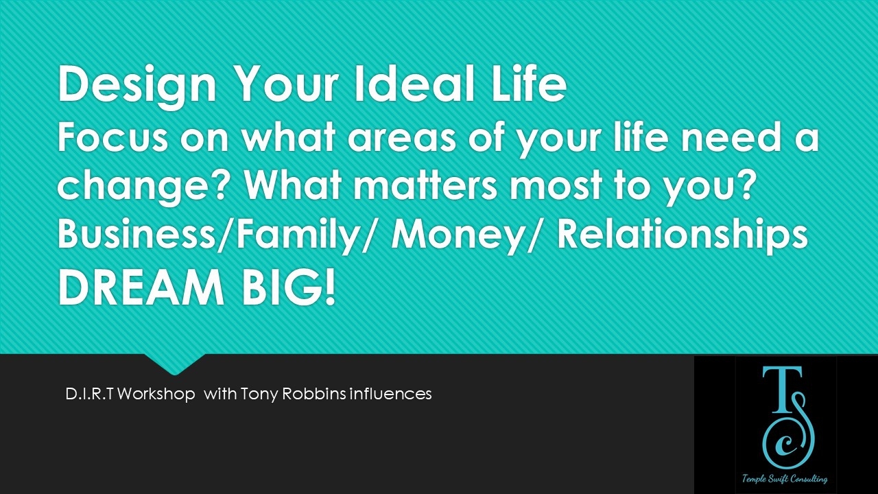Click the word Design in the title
(x=137, y=87)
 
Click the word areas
(x=402, y=141)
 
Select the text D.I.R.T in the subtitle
(x=89, y=394)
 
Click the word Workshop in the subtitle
(x=156, y=394)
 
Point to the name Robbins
(x=313, y=394)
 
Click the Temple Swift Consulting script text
(x=785, y=479)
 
